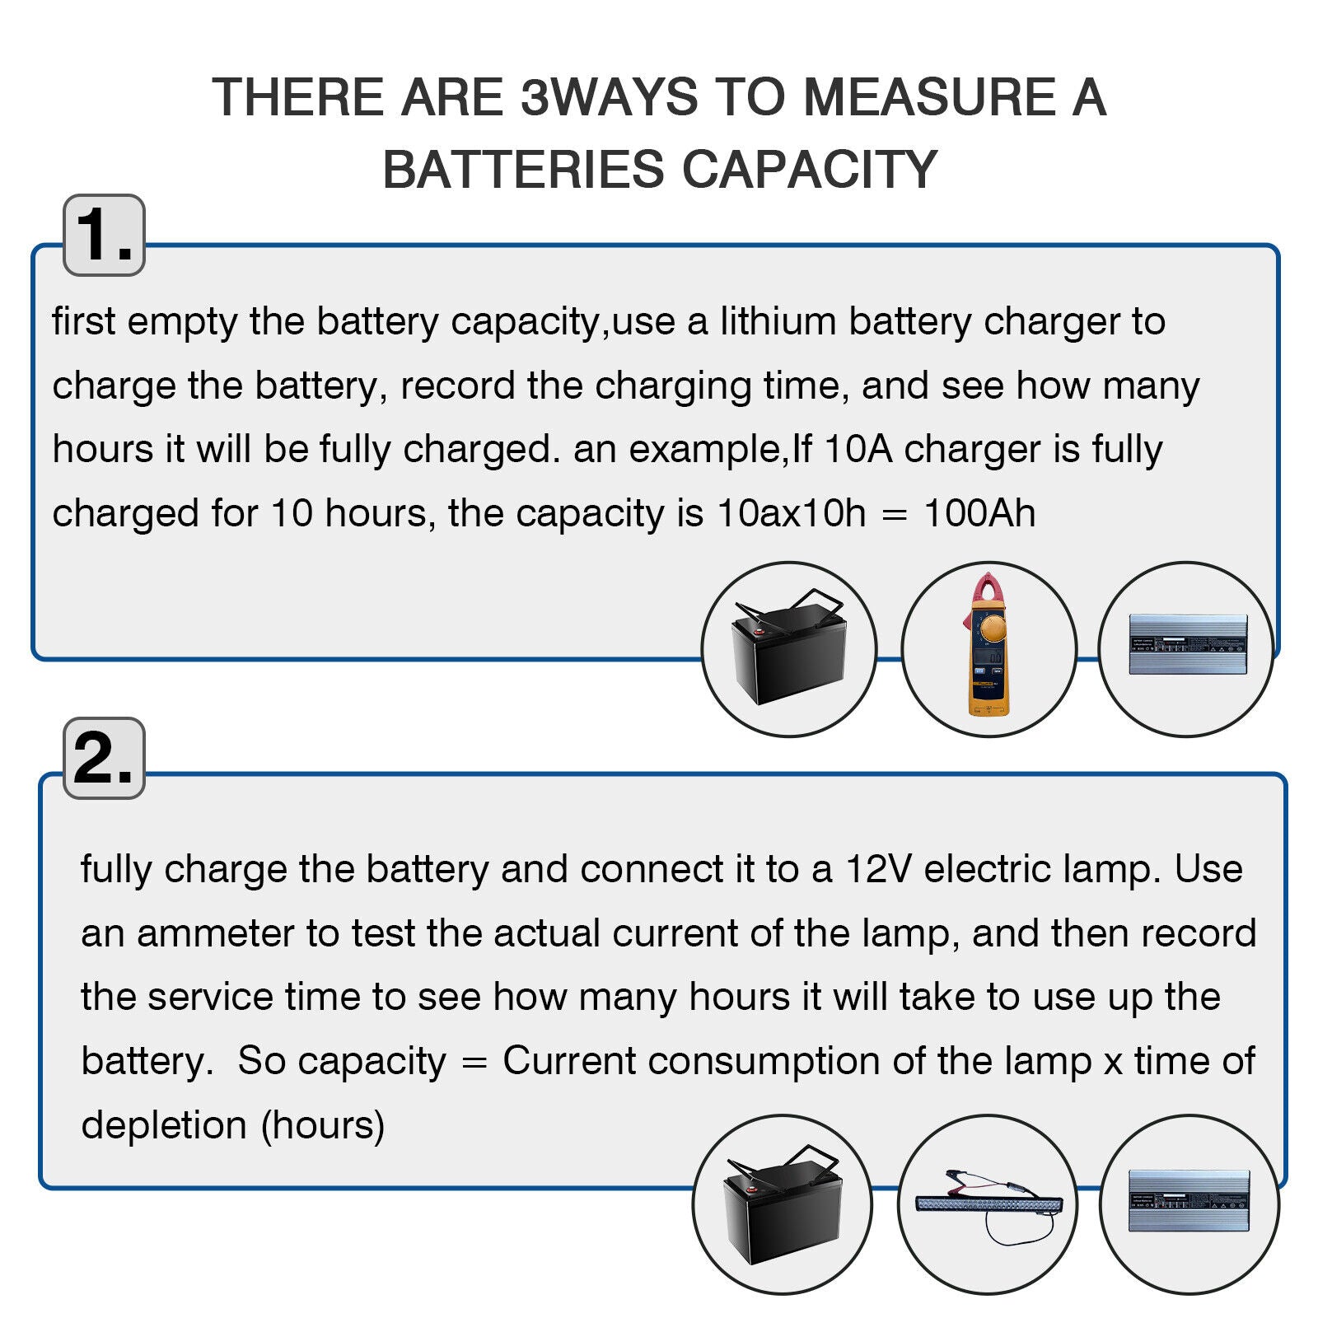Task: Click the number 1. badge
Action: (x=104, y=235)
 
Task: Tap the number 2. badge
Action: (x=104, y=758)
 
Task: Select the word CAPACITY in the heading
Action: (x=810, y=170)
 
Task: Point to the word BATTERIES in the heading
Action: (x=523, y=170)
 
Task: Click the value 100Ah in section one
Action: (x=979, y=513)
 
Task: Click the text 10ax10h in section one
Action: (x=792, y=513)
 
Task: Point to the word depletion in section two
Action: (x=164, y=1125)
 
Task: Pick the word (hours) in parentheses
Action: (x=323, y=1125)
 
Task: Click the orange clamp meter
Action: (x=988, y=645)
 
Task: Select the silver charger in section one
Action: (x=1187, y=643)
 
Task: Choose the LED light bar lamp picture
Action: (x=987, y=1204)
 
